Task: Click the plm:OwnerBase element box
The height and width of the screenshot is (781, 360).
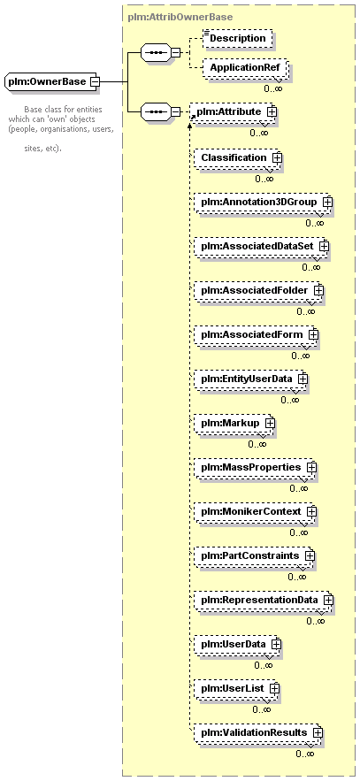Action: coord(51,81)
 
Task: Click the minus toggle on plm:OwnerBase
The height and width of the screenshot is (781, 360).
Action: coord(93,81)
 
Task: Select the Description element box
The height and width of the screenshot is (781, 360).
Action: coord(238,38)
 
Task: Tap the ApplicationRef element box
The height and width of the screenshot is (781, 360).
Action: coord(244,68)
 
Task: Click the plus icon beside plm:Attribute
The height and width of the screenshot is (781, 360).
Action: coord(272,112)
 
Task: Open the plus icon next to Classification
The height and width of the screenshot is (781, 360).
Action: coord(277,157)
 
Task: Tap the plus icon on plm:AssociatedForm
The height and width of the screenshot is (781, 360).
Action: coord(313,334)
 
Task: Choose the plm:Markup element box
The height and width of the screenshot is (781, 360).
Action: coord(234,423)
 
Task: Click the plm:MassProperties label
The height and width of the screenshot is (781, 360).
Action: coord(251,467)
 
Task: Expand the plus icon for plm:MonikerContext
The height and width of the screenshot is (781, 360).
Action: coord(311,511)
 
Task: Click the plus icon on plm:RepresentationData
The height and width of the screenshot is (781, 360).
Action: coord(328,601)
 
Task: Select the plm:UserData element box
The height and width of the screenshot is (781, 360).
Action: coord(238,644)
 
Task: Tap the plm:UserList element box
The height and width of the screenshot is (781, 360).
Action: coord(236,688)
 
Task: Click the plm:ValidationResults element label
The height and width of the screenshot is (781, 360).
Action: coord(254,732)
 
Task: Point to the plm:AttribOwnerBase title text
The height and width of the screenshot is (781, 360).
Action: coord(180,18)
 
